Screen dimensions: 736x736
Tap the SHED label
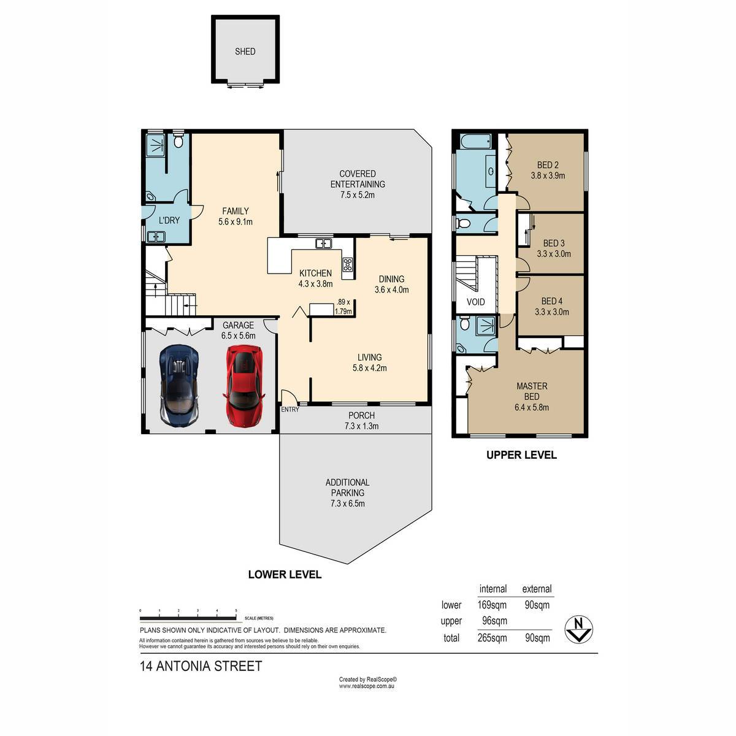point(245,52)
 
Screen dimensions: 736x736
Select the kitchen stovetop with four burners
point(348,264)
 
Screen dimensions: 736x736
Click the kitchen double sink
point(324,243)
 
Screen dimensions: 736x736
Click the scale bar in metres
point(188,618)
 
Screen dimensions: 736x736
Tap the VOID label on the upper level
point(475,302)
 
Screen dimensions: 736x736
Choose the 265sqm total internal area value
point(493,638)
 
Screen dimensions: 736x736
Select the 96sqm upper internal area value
point(494,621)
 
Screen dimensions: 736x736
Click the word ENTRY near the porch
point(290,410)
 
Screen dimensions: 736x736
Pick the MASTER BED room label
point(532,391)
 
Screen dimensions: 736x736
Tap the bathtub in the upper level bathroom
point(475,142)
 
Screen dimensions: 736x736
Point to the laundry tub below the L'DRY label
point(156,237)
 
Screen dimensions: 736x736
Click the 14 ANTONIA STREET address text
point(201,667)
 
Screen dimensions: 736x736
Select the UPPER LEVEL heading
point(521,455)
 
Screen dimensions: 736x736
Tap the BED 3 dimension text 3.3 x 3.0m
point(554,253)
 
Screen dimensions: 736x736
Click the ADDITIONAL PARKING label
point(348,488)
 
